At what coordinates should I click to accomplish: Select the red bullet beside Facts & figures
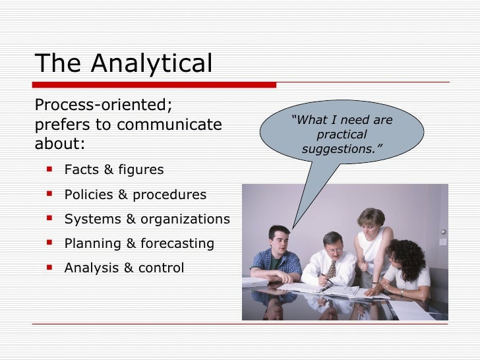(50, 169)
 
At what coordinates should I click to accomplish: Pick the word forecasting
(177, 243)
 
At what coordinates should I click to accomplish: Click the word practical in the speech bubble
(342, 135)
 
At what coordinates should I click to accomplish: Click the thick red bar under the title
(155, 85)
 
